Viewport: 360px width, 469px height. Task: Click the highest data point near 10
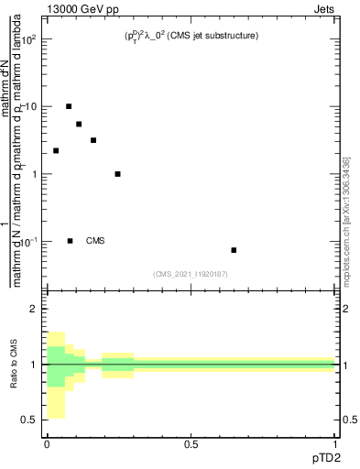click(69, 106)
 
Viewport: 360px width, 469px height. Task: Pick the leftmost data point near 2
click(56, 150)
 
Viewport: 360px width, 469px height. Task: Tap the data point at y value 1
click(117, 174)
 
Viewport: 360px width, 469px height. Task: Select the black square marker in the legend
click(70, 241)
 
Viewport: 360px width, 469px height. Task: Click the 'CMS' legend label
click(95, 241)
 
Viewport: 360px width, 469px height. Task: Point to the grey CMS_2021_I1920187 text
click(191, 272)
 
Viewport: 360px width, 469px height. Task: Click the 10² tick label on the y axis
click(31, 40)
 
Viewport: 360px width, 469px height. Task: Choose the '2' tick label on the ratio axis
click(35, 310)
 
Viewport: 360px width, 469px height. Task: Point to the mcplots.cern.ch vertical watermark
click(346, 220)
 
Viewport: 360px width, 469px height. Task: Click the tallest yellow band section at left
click(55, 376)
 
